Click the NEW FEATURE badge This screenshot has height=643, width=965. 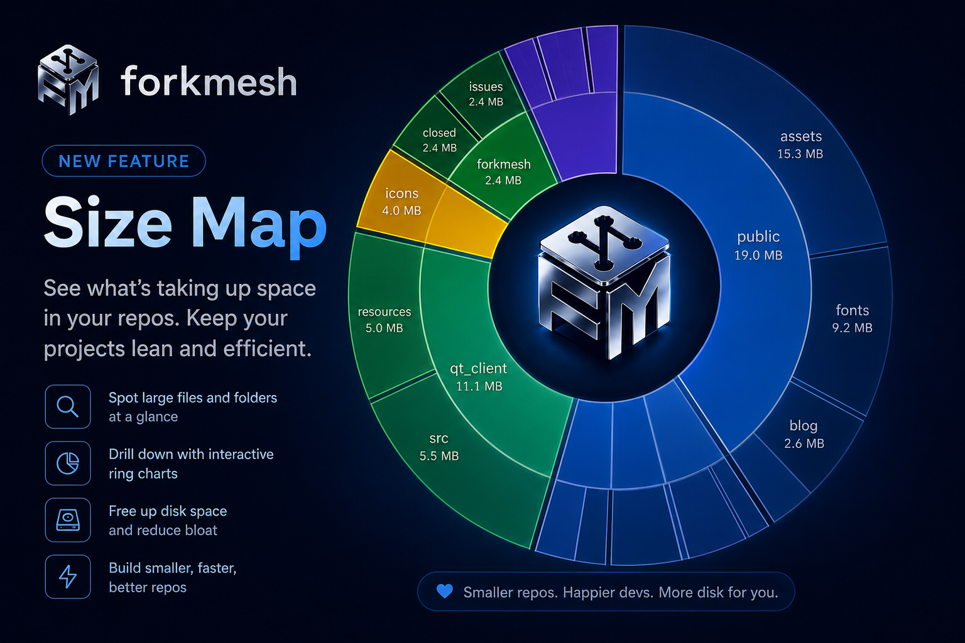point(124,161)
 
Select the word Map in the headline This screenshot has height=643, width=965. point(258,227)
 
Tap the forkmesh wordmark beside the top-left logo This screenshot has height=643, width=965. point(209,81)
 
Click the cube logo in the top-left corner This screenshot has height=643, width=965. point(68,80)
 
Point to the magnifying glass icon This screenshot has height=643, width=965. point(68,406)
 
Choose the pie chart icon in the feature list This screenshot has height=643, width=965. point(68,463)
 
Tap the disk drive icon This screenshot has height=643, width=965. point(68,520)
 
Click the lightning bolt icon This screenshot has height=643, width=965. point(68,576)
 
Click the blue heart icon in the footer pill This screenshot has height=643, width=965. point(445,592)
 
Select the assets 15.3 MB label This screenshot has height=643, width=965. point(800,144)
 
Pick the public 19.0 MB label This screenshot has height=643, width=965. point(758,246)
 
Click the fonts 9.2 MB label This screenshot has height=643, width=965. point(852,319)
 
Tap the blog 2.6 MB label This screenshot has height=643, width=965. point(804,434)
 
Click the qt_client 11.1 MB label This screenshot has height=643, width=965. point(479,377)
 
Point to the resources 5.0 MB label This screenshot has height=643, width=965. point(384,320)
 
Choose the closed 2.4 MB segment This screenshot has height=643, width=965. point(435,137)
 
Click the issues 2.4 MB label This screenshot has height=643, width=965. point(486,94)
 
